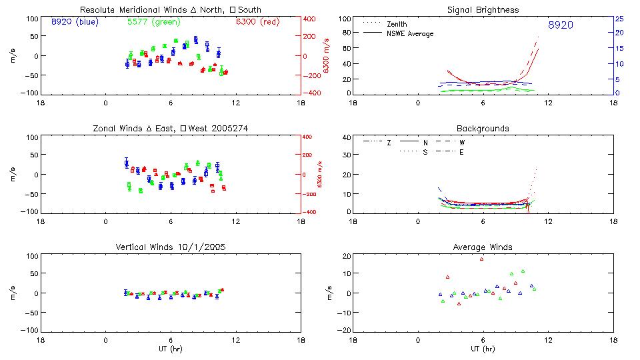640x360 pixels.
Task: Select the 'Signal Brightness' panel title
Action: tap(483, 10)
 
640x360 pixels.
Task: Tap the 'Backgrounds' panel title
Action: tap(483, 128)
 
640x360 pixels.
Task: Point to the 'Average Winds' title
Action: tap(483, 247)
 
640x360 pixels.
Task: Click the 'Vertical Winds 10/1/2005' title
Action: tap(170, 247)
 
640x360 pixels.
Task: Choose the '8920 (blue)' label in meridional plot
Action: tap(75, 22)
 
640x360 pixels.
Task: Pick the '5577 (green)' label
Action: tap(151, 22)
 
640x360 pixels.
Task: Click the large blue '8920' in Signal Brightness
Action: tap(560, 25)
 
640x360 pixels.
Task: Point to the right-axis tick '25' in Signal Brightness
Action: tap(619, 19)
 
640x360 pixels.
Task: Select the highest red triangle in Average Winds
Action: tap(481, 259)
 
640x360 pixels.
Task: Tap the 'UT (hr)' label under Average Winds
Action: tap(483, 348)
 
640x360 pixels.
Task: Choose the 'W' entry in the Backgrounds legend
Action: tap(462, 143)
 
